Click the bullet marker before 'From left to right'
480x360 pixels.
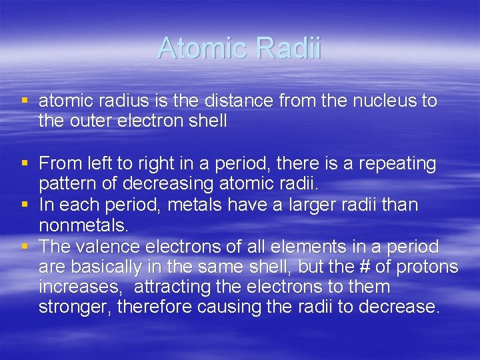25,163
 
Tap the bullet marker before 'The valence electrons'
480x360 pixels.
25,247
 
